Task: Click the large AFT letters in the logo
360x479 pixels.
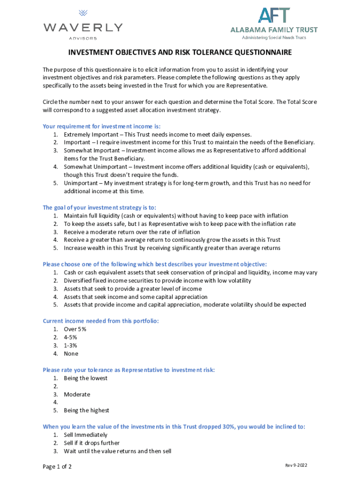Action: point(274,15)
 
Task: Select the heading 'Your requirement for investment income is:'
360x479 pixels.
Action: point(101,126)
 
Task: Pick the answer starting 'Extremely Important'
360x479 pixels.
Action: point(158,134)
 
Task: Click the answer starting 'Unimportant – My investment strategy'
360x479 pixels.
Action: point(187,183)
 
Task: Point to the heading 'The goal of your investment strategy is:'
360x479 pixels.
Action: point(99,208)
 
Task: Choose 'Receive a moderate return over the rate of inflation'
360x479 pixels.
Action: point(132,232)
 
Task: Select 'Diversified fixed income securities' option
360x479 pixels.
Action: point(157,281)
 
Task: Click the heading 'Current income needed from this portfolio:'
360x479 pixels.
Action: point(101,321)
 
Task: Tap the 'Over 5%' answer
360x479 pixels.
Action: point(75,329)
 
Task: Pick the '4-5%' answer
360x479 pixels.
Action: point(71,337)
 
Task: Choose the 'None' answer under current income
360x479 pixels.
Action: point(71,354)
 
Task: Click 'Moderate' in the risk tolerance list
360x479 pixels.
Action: point(77,394)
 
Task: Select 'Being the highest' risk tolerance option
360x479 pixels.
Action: point(86,410)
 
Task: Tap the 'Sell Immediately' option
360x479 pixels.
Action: point(86,435)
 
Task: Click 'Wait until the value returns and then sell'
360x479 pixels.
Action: point(117,451)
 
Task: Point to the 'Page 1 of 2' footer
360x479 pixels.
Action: point(57,467)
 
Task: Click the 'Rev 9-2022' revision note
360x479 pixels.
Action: point(296,465)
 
